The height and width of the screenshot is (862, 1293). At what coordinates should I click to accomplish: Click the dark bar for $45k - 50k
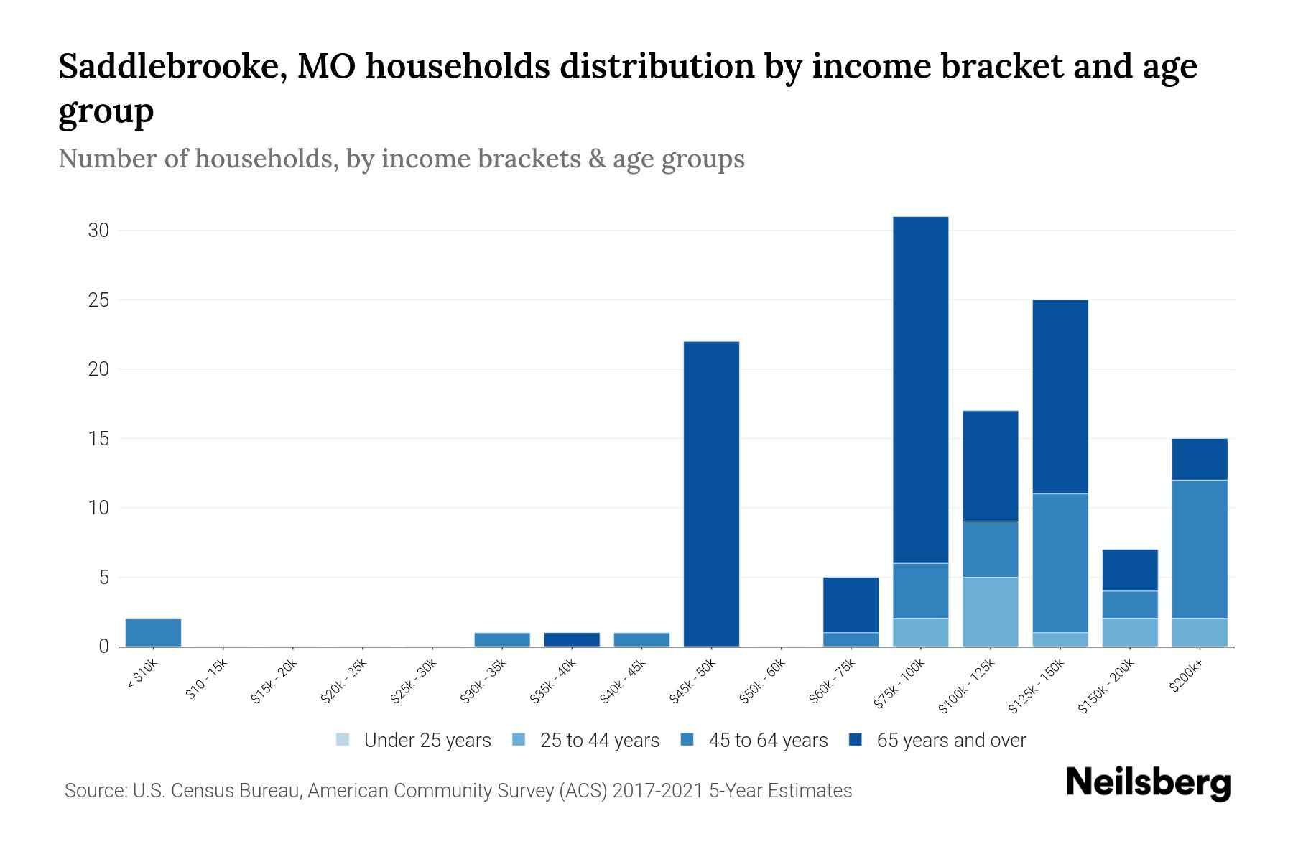(x=711, y=493)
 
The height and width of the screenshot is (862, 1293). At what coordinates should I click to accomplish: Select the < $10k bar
(x=153, y=632)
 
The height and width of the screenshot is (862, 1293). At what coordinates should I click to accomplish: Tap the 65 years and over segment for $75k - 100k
(x=920, y=389)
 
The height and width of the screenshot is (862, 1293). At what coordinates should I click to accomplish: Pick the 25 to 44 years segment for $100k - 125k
(x=990, y=611)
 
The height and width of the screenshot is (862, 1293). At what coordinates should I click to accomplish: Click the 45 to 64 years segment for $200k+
(x=1199, y=549)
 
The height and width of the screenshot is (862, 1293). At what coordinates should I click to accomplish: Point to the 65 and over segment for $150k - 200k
(x=1129, y=570)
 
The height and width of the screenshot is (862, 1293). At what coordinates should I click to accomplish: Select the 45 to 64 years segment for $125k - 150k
(x=1060, y=562)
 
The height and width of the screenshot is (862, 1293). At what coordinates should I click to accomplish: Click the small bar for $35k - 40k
(x=572, y=639)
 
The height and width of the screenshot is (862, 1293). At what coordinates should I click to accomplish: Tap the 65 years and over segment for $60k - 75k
(x=851, y=604)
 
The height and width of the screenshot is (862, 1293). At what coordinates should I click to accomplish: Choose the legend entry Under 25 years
(x=413, y=741)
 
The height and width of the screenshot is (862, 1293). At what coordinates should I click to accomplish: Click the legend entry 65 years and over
(x=937, y=741)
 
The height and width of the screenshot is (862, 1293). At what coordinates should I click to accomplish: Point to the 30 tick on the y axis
(x=98, y=231)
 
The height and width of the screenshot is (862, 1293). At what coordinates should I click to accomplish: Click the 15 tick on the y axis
(x=98, y=438)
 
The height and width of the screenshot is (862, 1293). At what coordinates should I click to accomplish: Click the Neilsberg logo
(x=1148, y=783)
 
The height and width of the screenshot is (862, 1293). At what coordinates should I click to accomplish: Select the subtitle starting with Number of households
(x=401, y=159)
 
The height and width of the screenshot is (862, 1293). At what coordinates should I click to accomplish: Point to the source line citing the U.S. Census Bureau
(x=458, y=791)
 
